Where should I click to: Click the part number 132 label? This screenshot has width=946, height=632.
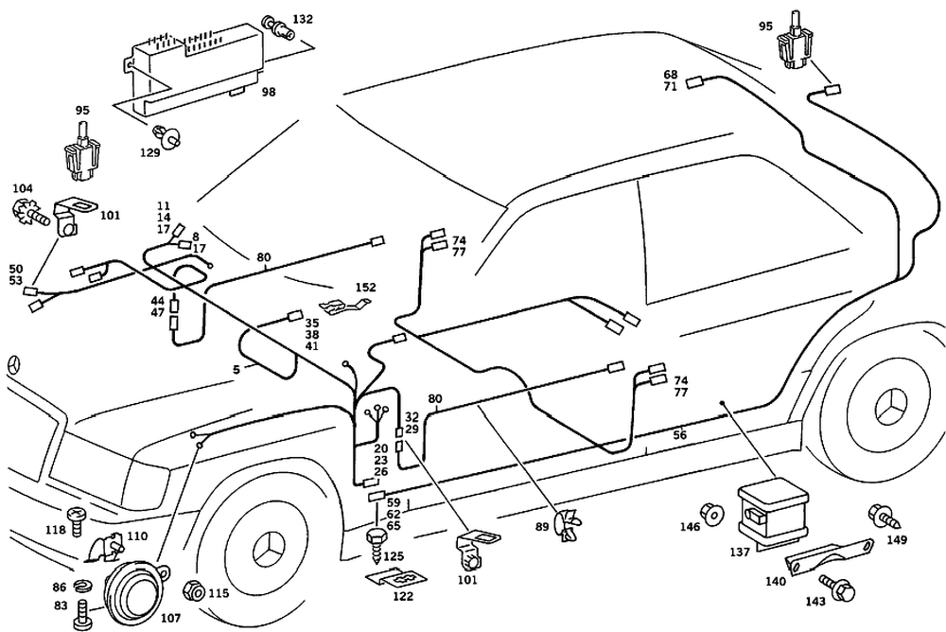pos(303,18)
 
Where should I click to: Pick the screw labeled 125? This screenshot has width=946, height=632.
pos(376,542)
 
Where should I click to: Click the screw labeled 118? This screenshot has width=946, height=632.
pos(79,517)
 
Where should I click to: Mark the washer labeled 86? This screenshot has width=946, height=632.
pos(82,587)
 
